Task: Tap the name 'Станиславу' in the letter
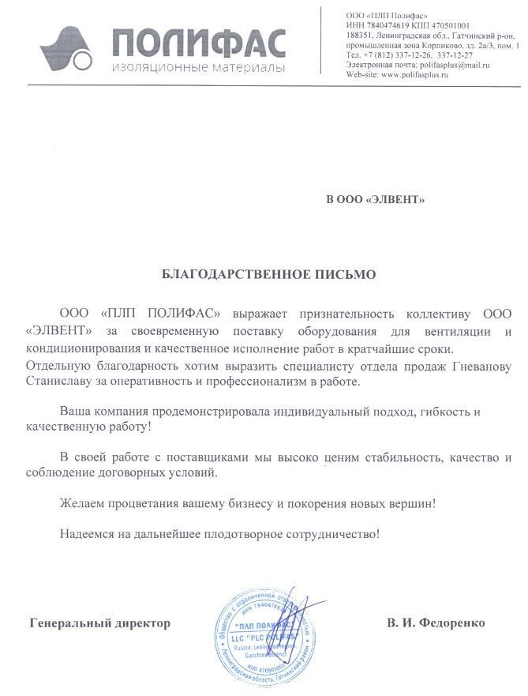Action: click(x=56, y=382)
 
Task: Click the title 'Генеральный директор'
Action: click(x=99, y=624)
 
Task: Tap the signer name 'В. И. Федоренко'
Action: click(x=436, y=624)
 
